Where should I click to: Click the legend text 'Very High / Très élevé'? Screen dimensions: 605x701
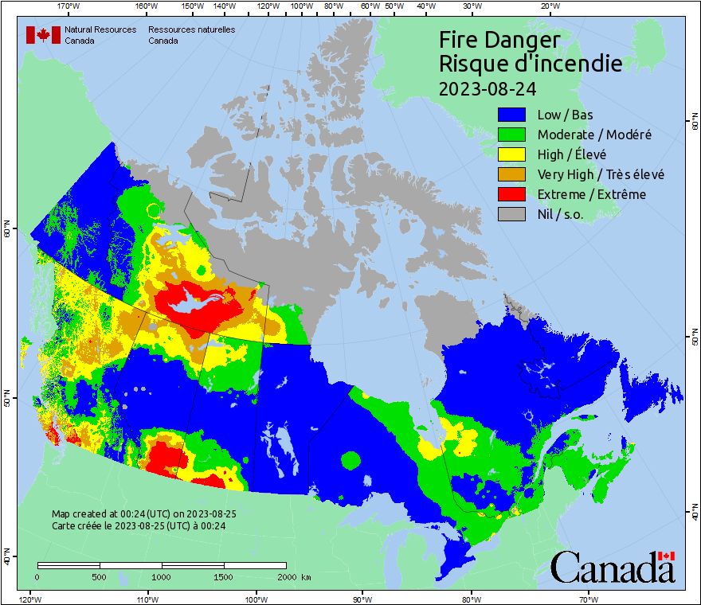click(601, 174)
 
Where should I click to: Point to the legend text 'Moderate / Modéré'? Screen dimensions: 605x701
click(594, 135)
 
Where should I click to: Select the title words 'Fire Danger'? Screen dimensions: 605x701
click(499, 40)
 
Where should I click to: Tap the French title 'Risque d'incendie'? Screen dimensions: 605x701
click(531, 64)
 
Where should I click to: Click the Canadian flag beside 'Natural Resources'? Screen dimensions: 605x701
click(43, 35)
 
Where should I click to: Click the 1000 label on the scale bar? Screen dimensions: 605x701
click(162, 576)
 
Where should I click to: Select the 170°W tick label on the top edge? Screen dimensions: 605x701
click(70, 6)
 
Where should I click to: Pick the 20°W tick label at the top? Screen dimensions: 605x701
click(548, 6)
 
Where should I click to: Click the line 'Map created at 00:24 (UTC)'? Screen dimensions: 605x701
click(144, 514)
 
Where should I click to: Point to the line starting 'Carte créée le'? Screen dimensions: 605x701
click(139, 525)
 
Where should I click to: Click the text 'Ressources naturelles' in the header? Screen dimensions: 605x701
click(191, 29)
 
